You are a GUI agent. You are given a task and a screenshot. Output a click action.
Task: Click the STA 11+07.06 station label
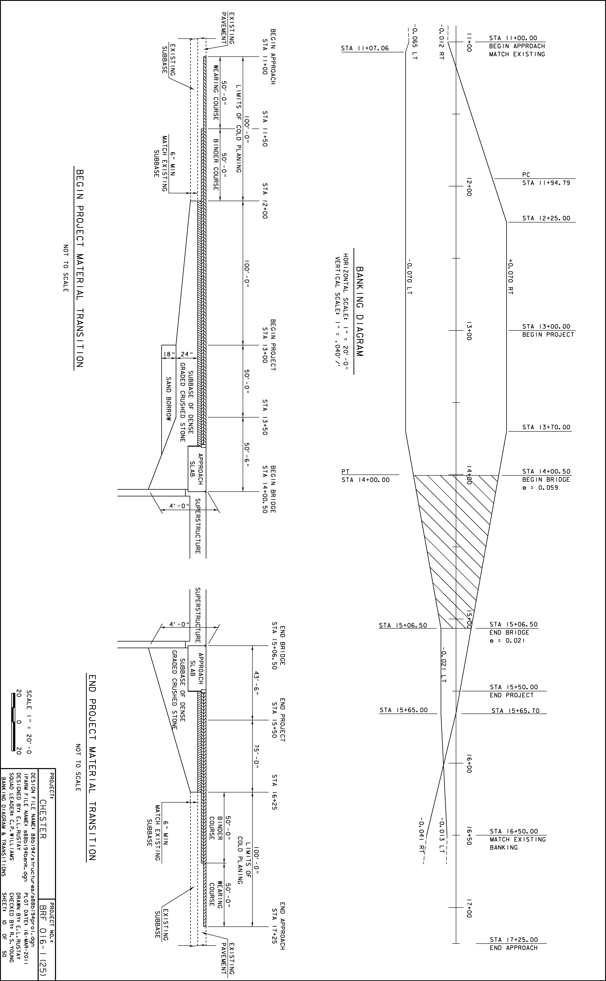pos(365,48)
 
